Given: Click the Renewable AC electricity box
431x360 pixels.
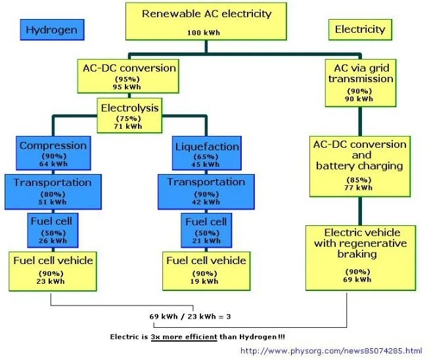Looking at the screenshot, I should pos(206,22).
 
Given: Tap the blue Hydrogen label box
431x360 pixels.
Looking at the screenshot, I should pos(51,30).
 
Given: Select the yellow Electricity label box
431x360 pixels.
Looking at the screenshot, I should pos(359,30).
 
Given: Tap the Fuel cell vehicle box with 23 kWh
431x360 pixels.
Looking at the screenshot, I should pos(53,268).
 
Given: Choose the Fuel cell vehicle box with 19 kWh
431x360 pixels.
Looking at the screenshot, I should pos(206,268).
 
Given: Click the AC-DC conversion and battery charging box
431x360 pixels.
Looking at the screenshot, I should pos(360,165).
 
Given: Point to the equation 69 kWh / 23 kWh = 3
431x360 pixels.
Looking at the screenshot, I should pos(190,317).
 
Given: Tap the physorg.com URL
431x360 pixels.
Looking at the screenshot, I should pos(330,351).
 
